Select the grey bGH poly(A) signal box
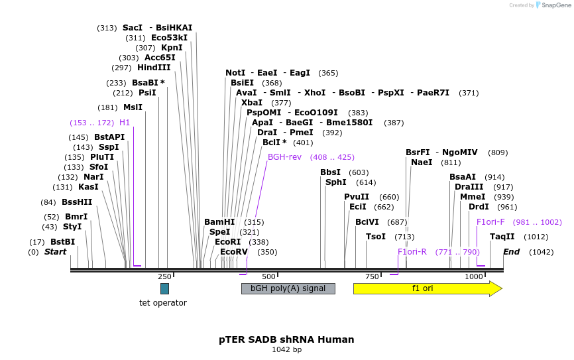288,288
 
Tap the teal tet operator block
164,288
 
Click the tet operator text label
163,303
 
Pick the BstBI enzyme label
62,242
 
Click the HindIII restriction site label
154,68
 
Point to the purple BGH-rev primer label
284,157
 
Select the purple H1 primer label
125,123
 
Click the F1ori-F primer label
490,222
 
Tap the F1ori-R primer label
412,252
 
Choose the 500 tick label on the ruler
268,276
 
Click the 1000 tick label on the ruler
474,276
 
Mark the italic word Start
56,252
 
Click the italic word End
511,252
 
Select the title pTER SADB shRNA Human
286,339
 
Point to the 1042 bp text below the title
286,349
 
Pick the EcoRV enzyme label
234,252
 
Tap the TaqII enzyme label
502,237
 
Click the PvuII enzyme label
357,197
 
